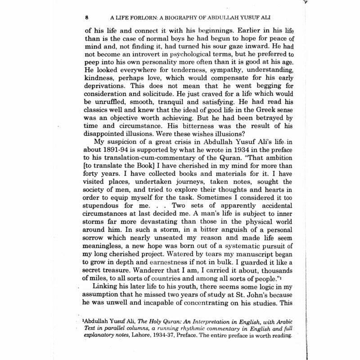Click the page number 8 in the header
point(86,19)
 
